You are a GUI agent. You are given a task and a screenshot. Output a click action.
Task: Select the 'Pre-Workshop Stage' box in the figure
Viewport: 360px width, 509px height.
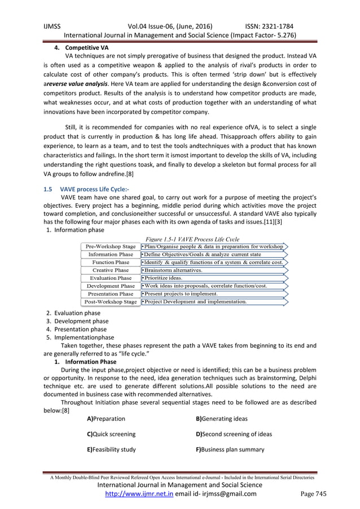(110, 247)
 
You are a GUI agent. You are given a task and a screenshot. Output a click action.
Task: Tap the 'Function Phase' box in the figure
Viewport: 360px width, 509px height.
(110, 262)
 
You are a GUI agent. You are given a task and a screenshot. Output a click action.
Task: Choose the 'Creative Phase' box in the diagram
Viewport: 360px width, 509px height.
(110, 270)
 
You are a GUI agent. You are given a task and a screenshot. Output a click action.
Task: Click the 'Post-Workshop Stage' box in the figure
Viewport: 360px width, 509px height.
(110, 302)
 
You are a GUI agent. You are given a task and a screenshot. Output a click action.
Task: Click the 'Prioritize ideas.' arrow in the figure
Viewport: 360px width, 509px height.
(166, 278)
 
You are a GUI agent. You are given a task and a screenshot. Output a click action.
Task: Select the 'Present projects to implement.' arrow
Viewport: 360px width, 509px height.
(186, 294)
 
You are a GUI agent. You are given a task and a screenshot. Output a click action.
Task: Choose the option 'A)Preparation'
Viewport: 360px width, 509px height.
(106, 418)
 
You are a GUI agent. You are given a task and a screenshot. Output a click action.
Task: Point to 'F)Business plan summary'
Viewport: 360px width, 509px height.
(230, 449)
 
